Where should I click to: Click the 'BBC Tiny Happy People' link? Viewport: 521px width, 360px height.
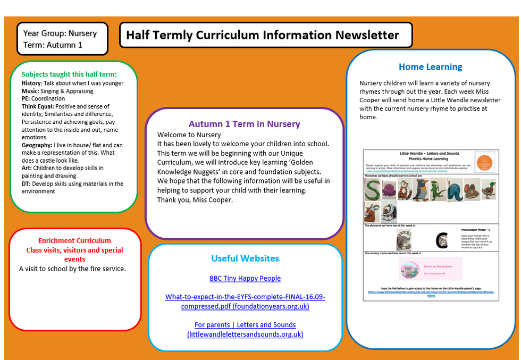tap(245, 278)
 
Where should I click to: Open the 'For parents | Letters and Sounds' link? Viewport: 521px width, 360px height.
tap(245, 325)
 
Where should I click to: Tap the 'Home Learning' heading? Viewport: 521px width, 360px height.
tap(430, 67)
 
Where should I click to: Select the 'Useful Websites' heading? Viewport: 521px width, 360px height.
tap(245, 258)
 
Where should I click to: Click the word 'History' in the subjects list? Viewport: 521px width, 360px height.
tap(31, 83)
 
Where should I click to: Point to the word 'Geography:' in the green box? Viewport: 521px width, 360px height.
tap(37, 145)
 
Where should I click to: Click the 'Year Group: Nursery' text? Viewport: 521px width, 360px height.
tap(60, 34)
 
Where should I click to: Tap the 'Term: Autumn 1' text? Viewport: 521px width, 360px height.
tap(53, 45)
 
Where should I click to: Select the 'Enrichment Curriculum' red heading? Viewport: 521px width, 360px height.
tap(74, 240)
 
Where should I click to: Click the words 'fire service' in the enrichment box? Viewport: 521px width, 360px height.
tap(107, 269)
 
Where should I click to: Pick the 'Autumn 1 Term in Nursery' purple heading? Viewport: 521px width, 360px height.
tap(244, 124)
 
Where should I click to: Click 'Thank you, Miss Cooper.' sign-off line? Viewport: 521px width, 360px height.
tap(195, 200)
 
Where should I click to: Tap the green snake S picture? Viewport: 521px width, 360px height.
tap(372, 189)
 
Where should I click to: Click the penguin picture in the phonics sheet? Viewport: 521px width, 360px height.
tap(422, 190)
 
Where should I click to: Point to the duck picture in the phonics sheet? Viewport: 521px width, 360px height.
tap(488, 190)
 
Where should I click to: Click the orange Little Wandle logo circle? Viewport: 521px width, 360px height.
tap(484, 162)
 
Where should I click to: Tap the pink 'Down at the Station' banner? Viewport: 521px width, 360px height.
tap(431, 269)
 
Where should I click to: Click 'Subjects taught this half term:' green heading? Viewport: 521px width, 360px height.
tap(69, 74)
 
